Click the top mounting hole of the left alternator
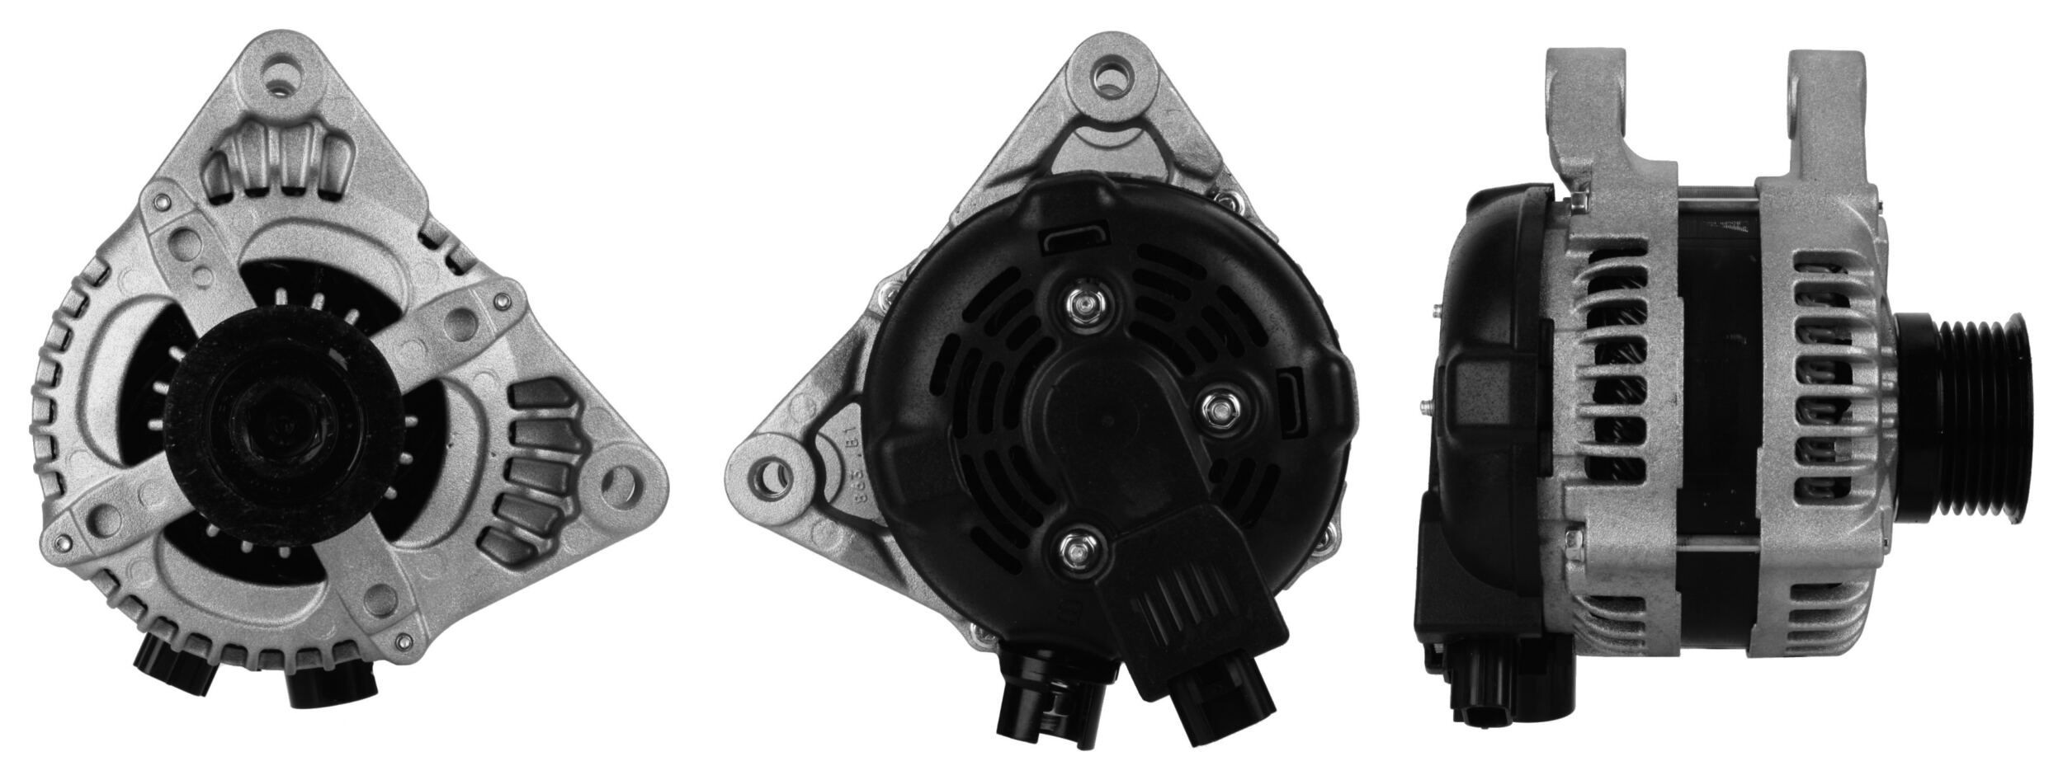coord(286,72)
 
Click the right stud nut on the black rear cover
coord(1218,407)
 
